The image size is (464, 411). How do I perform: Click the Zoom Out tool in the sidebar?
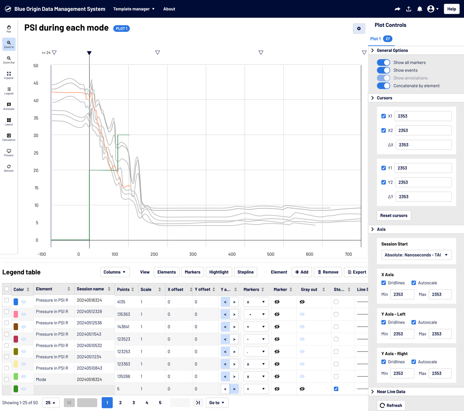tap(9, 60)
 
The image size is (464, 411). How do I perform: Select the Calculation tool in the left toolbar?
tap(9, 137)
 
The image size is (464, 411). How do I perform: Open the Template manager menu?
tap(134, 9)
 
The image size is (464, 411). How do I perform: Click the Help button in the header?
tap(451, 9)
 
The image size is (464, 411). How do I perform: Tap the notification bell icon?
tap(419, 9)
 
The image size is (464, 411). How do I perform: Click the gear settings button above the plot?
tap(359, 28)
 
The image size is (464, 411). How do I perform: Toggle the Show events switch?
tap(383, 70)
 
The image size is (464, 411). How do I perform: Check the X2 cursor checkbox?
tap(383, 131)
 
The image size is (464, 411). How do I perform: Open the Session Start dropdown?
tap(416, 255)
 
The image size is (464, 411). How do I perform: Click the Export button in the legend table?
tap(357, 272)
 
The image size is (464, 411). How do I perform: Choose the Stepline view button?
tap(245, 272)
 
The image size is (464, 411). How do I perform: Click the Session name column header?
tap(90, 289)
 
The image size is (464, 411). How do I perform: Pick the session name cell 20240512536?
tap(89, 323)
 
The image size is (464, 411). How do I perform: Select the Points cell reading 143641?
tap(123, 327)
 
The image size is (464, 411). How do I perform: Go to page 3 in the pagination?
tap(134, 403)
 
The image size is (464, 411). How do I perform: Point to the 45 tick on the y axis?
tap(36, 83)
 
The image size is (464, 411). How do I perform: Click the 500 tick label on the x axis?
tap(271, 254)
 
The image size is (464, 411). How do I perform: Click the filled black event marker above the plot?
tap(89, 53)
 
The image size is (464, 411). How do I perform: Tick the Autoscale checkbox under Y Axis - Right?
tap(414, 362)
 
